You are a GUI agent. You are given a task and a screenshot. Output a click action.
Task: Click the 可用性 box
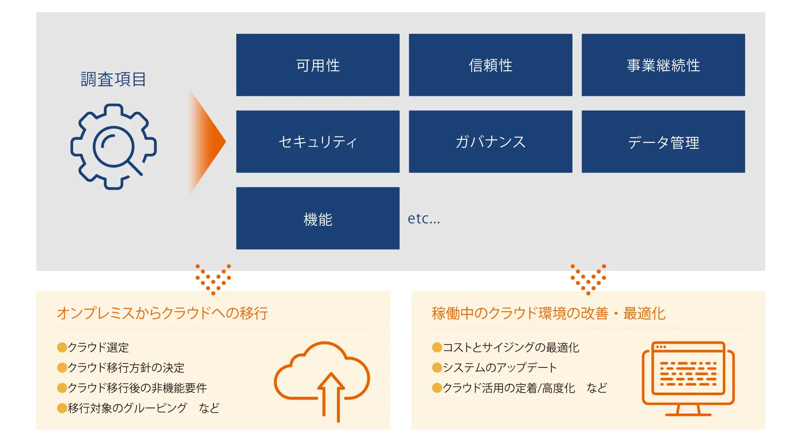tap(318, 65)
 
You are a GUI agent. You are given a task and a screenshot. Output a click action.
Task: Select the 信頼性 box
tap(490, 65)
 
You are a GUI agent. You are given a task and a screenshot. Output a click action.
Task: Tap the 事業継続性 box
tap(663, 65)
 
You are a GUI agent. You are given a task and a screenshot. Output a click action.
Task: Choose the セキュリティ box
tap(318, 141)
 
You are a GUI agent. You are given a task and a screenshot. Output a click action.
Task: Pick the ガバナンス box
tap(490, 141)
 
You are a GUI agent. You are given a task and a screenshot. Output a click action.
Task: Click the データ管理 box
tap(663, 141)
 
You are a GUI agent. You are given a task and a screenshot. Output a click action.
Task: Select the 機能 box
tap(318, 218)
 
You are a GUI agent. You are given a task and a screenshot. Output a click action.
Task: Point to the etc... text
tap(424, 219)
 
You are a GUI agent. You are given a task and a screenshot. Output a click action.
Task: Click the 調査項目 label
tap(113, 79)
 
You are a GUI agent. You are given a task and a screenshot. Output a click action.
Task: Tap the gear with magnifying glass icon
tap(113, 147)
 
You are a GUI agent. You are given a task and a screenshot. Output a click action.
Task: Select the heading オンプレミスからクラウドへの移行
tap(162, 313)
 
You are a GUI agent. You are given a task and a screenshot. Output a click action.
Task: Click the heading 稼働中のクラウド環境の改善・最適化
tap(548, 313)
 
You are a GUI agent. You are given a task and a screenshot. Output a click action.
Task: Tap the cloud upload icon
tap(322, 380)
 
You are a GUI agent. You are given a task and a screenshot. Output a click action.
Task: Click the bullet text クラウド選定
tap(98, 348)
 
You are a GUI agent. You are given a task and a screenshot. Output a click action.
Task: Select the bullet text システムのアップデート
tap(500, 368)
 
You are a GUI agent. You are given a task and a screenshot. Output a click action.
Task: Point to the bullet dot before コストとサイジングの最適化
tap(437, 347)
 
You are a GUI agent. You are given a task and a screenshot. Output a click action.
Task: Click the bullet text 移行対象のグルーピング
tap(127, 408)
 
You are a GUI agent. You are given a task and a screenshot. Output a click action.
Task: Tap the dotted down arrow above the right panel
tap(588, 279)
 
